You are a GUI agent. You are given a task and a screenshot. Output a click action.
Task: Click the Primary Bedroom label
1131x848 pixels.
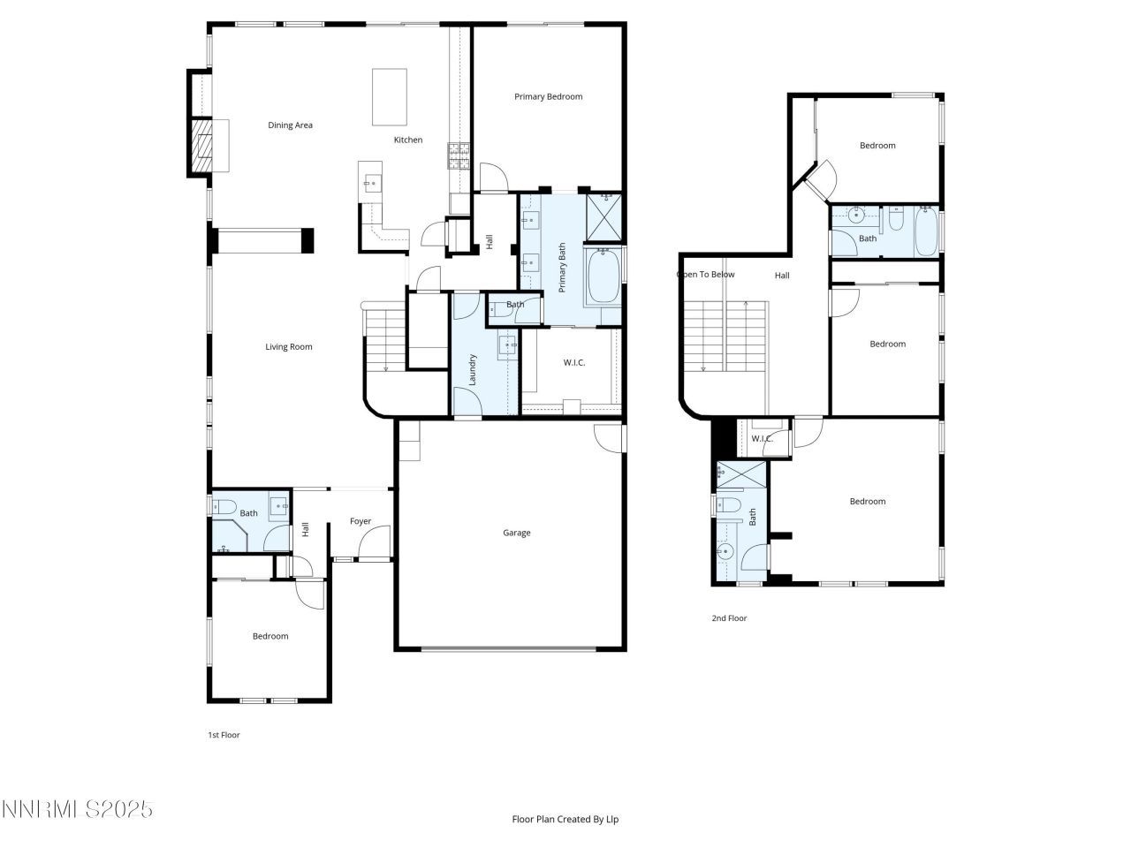[548, 96]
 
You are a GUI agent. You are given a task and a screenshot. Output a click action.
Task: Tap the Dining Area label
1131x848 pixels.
[290, 125]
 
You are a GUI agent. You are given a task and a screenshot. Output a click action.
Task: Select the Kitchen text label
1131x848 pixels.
[407, 140]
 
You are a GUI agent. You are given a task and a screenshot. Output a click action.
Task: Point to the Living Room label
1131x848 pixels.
[289, 347]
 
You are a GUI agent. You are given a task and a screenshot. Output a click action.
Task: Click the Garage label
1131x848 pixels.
[517, 533]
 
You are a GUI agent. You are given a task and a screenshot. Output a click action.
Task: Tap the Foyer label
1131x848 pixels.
[361, 521]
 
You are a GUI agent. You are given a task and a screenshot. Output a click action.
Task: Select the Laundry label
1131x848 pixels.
[473, 369]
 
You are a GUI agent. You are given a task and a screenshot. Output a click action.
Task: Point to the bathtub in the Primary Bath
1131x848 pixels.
[603, 276]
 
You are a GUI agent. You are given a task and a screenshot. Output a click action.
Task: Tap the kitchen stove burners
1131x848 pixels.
[459, 155]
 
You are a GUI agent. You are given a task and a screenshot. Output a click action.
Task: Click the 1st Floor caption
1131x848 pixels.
[224, 735]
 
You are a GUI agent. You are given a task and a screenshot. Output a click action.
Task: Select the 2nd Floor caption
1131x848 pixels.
[729, 618]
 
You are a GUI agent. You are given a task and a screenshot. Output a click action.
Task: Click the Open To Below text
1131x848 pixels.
[706, 275]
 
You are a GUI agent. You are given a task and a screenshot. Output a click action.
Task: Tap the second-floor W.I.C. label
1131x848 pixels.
[762, 439]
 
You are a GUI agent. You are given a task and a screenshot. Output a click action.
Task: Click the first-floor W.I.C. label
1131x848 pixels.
[574, 363]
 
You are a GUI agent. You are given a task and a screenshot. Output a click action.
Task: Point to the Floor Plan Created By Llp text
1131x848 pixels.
[565, 820]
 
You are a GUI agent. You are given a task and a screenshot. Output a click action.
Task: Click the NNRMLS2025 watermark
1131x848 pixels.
[78, 809]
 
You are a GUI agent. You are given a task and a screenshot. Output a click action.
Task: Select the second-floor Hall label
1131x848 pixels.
[782, 276]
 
